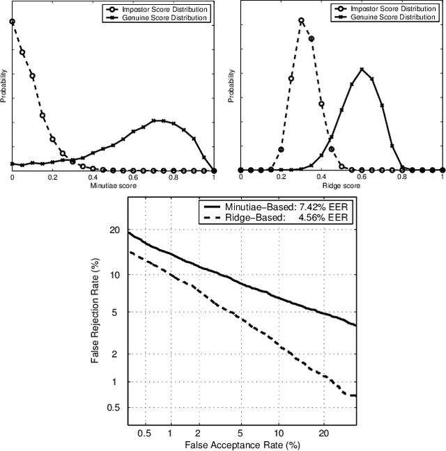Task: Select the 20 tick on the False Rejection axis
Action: (x=116, y=231)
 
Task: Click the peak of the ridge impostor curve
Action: (x=301, y=20)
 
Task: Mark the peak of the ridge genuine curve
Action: (x=362, y=70)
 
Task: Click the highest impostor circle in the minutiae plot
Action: (x=12, y=22)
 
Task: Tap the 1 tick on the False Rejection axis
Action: (x=118, y=382)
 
